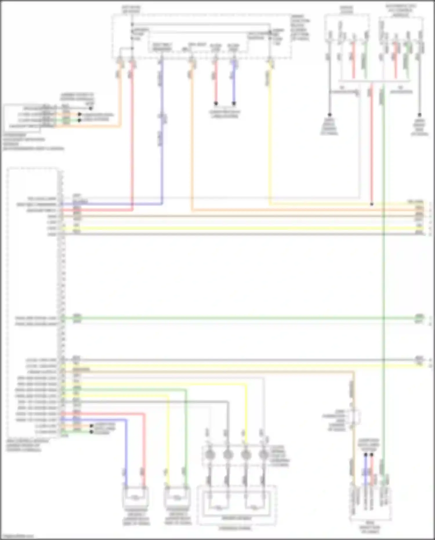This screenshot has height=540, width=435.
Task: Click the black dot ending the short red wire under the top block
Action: coord(216,103)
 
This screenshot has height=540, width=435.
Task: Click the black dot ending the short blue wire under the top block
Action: coord(234,103)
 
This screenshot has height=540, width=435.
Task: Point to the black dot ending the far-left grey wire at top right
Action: coord(329,115)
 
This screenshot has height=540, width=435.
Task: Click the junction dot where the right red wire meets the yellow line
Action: coord(372,204)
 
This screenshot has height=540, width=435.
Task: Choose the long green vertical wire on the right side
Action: coord(383,261)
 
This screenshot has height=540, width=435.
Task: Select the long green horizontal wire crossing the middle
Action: coord(232,318)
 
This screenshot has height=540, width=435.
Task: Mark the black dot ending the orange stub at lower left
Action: coord(91,426)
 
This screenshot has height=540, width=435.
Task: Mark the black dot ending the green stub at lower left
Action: coord(91,432)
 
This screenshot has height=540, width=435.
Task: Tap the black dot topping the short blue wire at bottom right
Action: coord(366,455)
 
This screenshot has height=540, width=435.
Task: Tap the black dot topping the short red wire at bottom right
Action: coord(372,455)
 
